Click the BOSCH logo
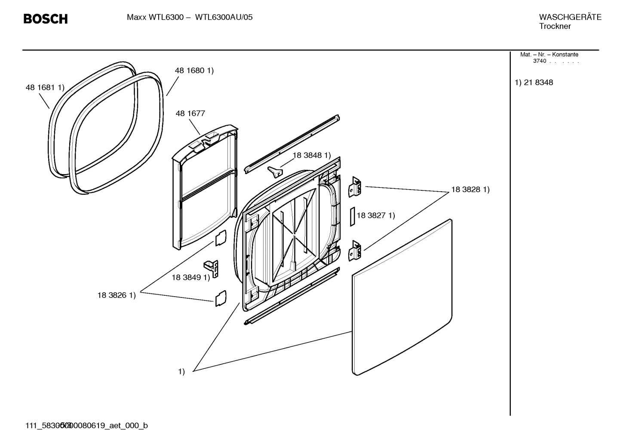45,19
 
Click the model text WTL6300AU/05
224,18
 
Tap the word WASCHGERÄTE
570,17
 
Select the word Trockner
555,26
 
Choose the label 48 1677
190,113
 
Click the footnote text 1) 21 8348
534,83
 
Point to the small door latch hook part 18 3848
274,171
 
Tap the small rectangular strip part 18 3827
351,217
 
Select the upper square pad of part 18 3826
220,237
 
